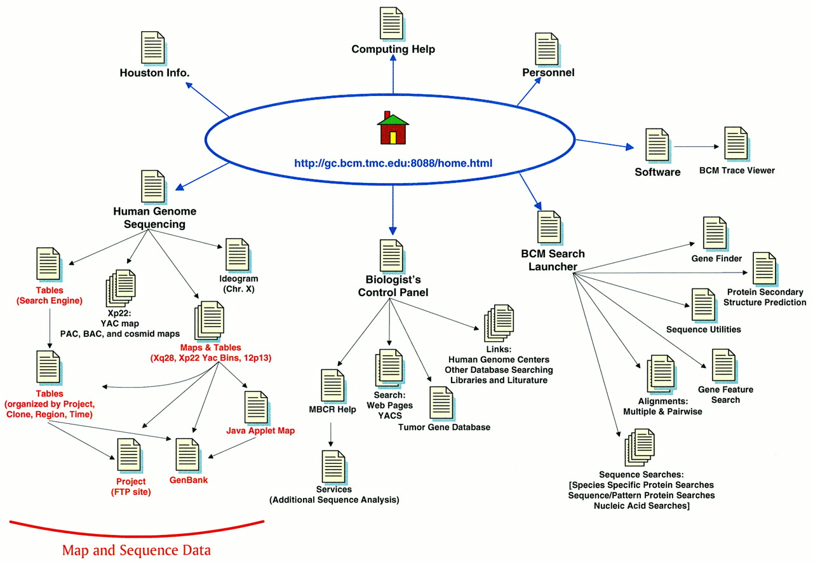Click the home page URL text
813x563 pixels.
click(393, 163)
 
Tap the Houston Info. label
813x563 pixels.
click(154, 73)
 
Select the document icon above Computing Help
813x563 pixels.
click(392, 24)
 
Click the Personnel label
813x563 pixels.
click(548, 72)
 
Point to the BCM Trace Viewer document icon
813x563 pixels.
click(736, 144)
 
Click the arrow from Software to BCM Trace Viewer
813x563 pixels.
click(697, 147)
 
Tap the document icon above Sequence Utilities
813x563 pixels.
click(703, 305)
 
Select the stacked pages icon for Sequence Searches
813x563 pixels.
click(639, 448)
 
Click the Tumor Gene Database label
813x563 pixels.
click(444, 427)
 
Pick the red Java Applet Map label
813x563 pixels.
click(260, 431)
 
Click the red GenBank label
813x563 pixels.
click(189, 480)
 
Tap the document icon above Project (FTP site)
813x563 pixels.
click(128, 455)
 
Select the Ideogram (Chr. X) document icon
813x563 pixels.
click(238, 255)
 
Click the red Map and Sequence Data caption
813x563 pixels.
click(136, 550)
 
